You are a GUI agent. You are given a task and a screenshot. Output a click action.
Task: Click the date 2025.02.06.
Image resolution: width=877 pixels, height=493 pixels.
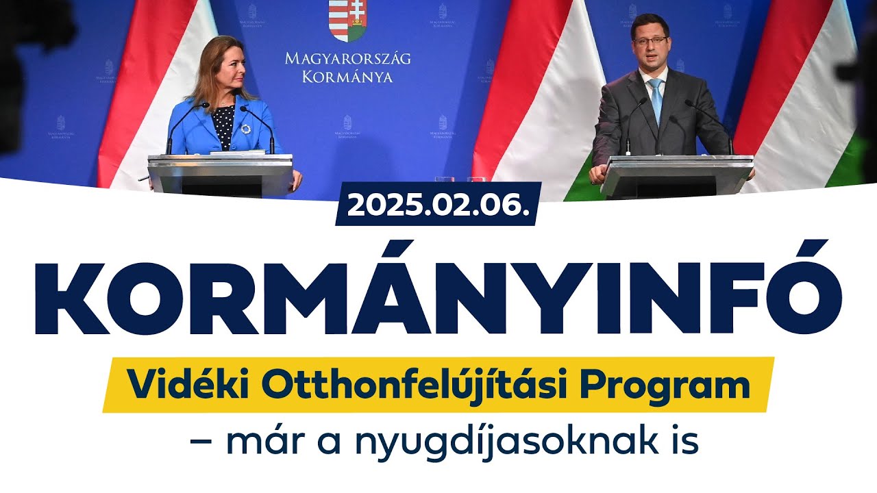(438, 204)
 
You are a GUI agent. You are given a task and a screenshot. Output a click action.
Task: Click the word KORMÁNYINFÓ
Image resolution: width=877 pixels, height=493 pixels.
(438, 289)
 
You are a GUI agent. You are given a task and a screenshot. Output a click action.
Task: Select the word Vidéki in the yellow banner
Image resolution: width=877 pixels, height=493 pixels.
(176, 385)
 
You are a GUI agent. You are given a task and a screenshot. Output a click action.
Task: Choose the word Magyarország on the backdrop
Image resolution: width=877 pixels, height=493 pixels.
(348, 59)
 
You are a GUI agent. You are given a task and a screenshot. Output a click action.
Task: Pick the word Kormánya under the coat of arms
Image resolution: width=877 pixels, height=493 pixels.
(348, 77)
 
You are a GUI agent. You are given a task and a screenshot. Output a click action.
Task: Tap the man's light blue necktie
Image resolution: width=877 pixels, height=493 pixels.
(656, 100)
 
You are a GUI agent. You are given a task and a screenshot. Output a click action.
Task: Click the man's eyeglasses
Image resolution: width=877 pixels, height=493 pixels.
(650, 41)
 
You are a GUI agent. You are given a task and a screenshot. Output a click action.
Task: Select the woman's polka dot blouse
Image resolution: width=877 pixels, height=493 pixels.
(223, 127)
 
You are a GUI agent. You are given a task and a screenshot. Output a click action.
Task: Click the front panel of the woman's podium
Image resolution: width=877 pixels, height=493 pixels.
(220, 180)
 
